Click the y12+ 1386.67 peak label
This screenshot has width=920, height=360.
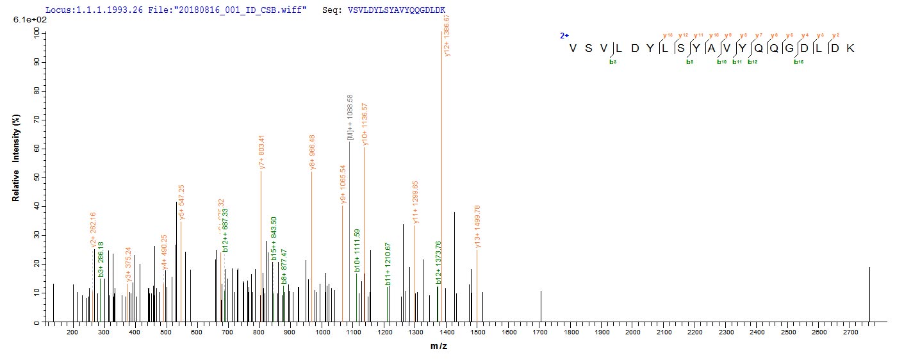pyautogui.click(x=447, y=36)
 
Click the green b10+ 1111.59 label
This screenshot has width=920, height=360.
pyautogui.click(x=357, y=250)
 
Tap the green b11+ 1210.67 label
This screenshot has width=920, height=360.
pyautogui.click(x=388, y=263)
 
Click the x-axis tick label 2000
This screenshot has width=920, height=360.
pyautogui.click(x=632, y=332)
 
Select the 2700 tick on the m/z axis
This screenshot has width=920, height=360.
pyautogui.click(x=850, y=332)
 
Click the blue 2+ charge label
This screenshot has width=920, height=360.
pyautogui.click(x=564, y=36)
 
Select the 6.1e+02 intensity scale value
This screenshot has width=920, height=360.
pyautogui.click(x=24, y=21)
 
